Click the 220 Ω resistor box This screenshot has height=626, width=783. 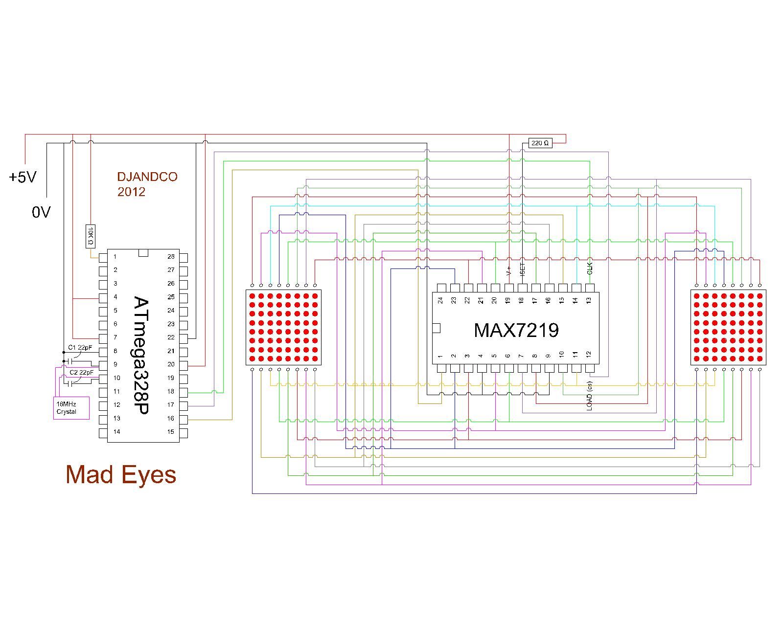click(540, 143)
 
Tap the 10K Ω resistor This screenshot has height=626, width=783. click(90, 236)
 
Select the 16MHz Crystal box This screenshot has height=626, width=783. click(71, 408)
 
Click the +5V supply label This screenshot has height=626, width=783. click(23, 177)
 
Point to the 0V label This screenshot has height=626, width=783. click(41, 212)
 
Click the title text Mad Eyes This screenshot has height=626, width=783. click(121, 474)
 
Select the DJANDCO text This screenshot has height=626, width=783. click(147, 177)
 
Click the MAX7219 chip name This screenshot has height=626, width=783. click(516, 330)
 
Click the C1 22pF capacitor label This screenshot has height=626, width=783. click(80, 347)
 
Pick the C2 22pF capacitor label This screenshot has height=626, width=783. click(81, 372)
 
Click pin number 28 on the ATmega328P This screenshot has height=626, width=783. click(171, 256)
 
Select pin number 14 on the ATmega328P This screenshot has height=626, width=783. click(116, 431)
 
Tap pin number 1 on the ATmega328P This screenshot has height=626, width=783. click(115, 256)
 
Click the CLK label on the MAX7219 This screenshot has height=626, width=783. click(590, 268)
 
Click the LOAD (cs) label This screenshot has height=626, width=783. click(590, 396)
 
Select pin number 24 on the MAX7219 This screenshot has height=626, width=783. click(440, 300)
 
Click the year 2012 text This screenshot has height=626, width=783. click(131, 192)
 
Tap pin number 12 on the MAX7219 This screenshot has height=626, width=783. click(589, 354)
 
